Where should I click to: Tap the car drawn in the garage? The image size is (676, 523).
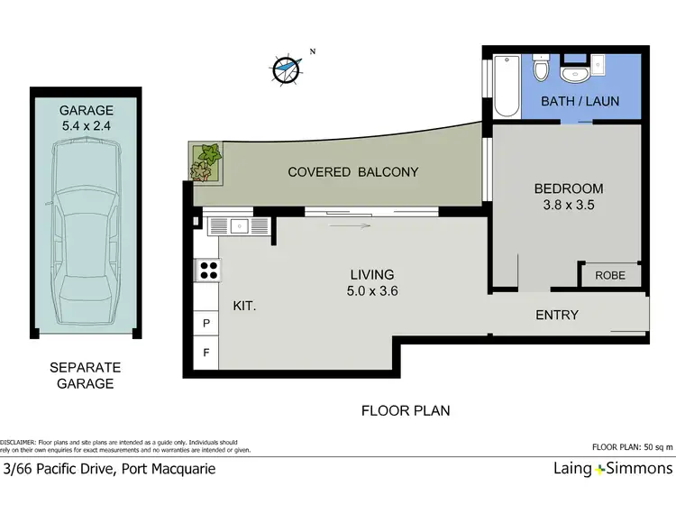[85, 237]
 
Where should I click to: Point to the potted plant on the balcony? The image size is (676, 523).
[206, 162]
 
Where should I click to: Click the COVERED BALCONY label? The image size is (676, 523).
[352, 171]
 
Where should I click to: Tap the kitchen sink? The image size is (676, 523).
[239, 226]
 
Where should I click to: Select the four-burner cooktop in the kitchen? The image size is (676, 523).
[208, 270]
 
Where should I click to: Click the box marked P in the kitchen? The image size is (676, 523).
[206, 323]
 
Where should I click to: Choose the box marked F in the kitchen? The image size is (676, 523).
[206, 353]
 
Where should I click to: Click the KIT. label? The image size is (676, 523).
[245, 307]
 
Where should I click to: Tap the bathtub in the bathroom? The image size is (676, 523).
[507, 87]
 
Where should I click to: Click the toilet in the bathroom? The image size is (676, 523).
[541, 70]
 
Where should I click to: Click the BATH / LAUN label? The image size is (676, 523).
[580, 101]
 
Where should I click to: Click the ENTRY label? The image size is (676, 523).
[556, 315]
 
